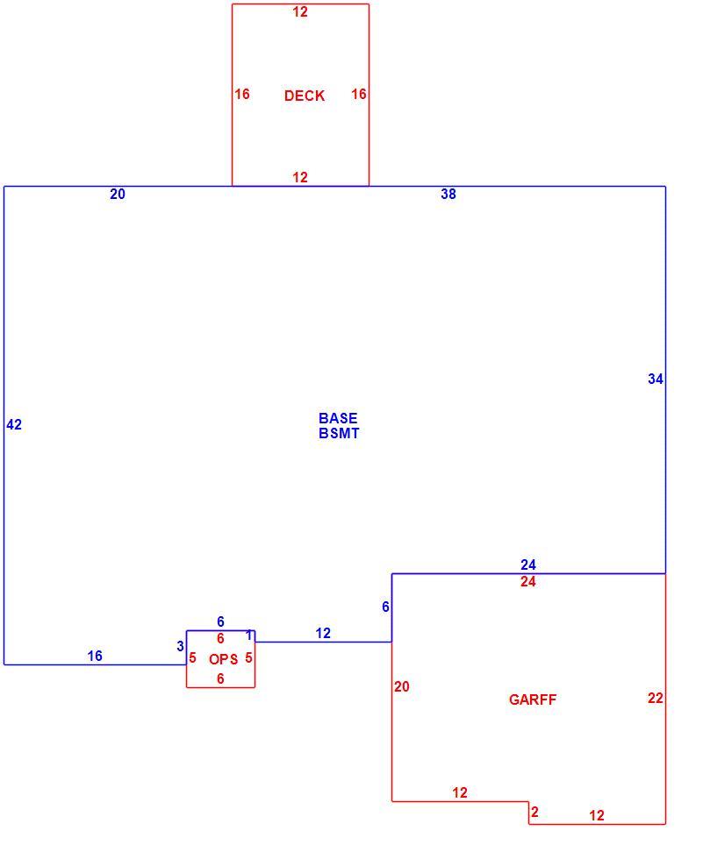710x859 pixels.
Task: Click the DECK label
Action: pos(305,96)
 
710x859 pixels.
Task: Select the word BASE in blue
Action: pos(338,418)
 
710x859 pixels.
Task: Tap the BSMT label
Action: pos(339,433)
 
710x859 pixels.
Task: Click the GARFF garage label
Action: pos(533,699)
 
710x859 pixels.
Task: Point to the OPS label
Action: pos(223,659)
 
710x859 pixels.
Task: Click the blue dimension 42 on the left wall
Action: pos(14,424)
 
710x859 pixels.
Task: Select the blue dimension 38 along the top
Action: pos(448,194)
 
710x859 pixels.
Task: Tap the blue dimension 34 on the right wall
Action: pos(656,379)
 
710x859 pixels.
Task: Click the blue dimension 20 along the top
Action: pos(118,194)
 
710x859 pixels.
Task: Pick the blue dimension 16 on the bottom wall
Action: pos(95,656)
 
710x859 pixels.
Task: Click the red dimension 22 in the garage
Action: pos(656,698)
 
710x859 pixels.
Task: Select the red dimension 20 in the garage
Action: pos(402,686)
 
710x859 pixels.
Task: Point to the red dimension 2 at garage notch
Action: pos(535,812)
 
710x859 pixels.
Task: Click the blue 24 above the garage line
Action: pos(528,564)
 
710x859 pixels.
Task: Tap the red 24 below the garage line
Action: pos(528,582)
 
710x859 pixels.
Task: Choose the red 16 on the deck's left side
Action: pos(242,95)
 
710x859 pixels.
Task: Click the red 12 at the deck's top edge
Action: pos(300,12)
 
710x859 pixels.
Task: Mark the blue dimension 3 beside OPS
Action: pos(180,647)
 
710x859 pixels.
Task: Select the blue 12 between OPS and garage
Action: pos(323,633)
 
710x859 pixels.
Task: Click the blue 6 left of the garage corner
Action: pos(386,607)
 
